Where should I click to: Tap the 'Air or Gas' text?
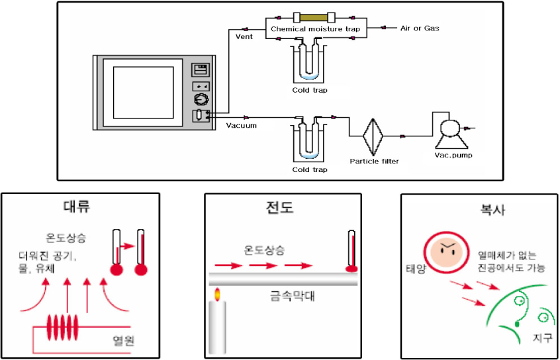(x=420, y=28)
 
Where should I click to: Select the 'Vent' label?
(x=244, y=36)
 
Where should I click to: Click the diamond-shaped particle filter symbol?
(x=374, y=136)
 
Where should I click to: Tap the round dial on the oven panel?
(x=201, y=101)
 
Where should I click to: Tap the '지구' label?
(x=541, y=339)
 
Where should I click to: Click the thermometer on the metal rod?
(x=352, y=251)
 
